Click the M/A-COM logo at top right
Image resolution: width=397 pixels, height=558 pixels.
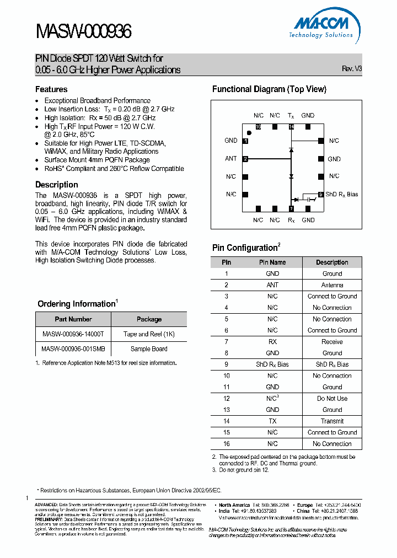[x=323, y=26]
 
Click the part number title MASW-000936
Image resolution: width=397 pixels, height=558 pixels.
[x=84, y=32]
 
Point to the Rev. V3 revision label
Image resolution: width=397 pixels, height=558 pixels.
[x=352, y=69]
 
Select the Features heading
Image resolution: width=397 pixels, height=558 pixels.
[x=51, y=89]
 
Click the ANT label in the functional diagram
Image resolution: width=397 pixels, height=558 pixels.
[x=231, y=159]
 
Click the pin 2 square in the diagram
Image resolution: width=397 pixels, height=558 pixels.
[x=245, y=159]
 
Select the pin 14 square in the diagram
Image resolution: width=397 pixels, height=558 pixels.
[x=291, y=127]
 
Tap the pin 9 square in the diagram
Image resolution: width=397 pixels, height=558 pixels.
[x=320, y=194]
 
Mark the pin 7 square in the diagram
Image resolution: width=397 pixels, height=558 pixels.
[x=291, y=208]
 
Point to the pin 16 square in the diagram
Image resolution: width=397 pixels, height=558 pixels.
[x=258, y=127]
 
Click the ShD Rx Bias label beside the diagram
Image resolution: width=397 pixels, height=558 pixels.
[x=342, y=194]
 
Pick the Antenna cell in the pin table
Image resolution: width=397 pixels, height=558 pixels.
[x=332, y=285]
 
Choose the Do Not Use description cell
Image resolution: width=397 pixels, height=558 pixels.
[x=332, y=399]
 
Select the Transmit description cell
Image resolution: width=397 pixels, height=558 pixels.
[x=332, y=421]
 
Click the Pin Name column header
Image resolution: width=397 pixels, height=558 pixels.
[x=272, y=262]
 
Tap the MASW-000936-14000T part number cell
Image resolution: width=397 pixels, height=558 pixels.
[x=73, y=334]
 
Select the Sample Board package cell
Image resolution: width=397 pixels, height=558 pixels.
[x=149, y=349]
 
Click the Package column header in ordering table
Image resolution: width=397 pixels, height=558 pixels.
[x=149, y=319]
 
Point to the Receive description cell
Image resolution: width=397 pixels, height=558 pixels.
[x=332, y=342]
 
